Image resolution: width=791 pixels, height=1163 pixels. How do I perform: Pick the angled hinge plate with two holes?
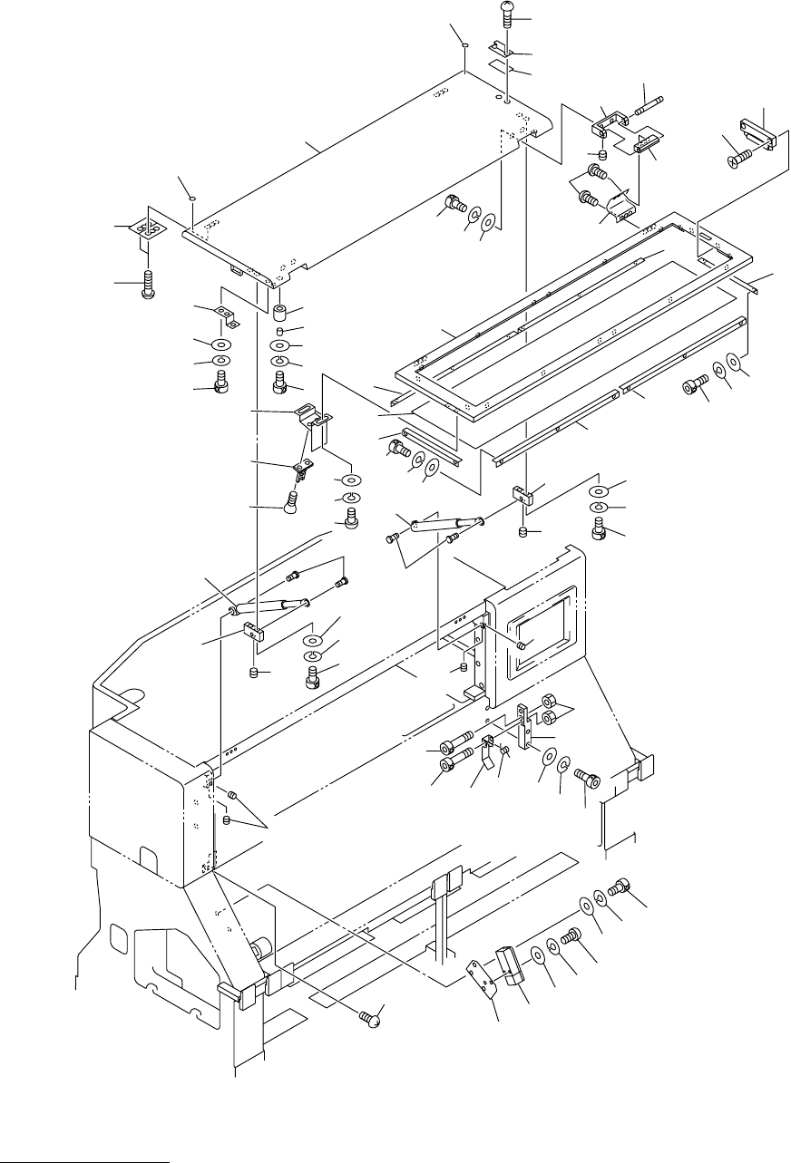coord(620,208)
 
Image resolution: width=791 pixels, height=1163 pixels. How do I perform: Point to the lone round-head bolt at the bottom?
coord(369,1018)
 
